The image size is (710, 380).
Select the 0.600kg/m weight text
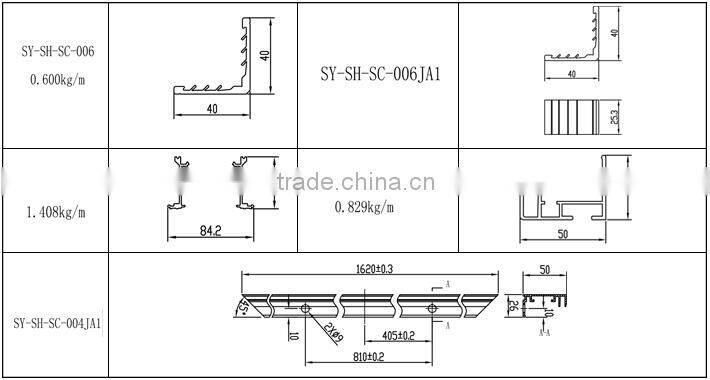click(x=50, y=80)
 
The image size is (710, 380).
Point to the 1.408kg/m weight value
click(x=56, y=212)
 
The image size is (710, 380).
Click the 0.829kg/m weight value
click(x=363, y=207)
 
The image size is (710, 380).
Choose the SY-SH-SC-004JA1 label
click(x=56, y=324)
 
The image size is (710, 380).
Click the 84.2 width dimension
click(x=210, y=231)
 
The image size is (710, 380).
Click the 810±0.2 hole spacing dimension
click(x=369, y=357)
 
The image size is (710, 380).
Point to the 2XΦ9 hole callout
click(x=334, y=331)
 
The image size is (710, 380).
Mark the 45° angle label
click(x=243, y=306)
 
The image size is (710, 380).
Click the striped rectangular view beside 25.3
click(x=572, y=117)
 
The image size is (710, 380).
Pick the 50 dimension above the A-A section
click(x=545, y=270)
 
